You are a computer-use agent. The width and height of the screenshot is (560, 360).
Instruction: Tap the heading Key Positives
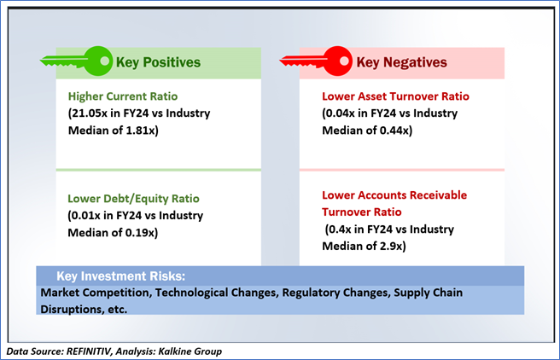(158, 62)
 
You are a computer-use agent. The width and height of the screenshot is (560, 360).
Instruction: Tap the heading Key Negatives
(402, 62)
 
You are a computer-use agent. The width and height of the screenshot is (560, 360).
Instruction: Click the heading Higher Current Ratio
(123, 96)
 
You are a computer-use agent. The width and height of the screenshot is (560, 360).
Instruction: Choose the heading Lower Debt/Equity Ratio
(133, 199)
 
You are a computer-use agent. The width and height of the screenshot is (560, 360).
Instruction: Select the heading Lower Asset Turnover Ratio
(396, 96)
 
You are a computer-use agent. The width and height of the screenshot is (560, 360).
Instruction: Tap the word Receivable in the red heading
(438, 195)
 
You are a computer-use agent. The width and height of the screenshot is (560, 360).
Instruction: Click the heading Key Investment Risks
(121, 276)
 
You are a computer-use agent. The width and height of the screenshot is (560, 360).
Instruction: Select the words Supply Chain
(429, 293)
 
